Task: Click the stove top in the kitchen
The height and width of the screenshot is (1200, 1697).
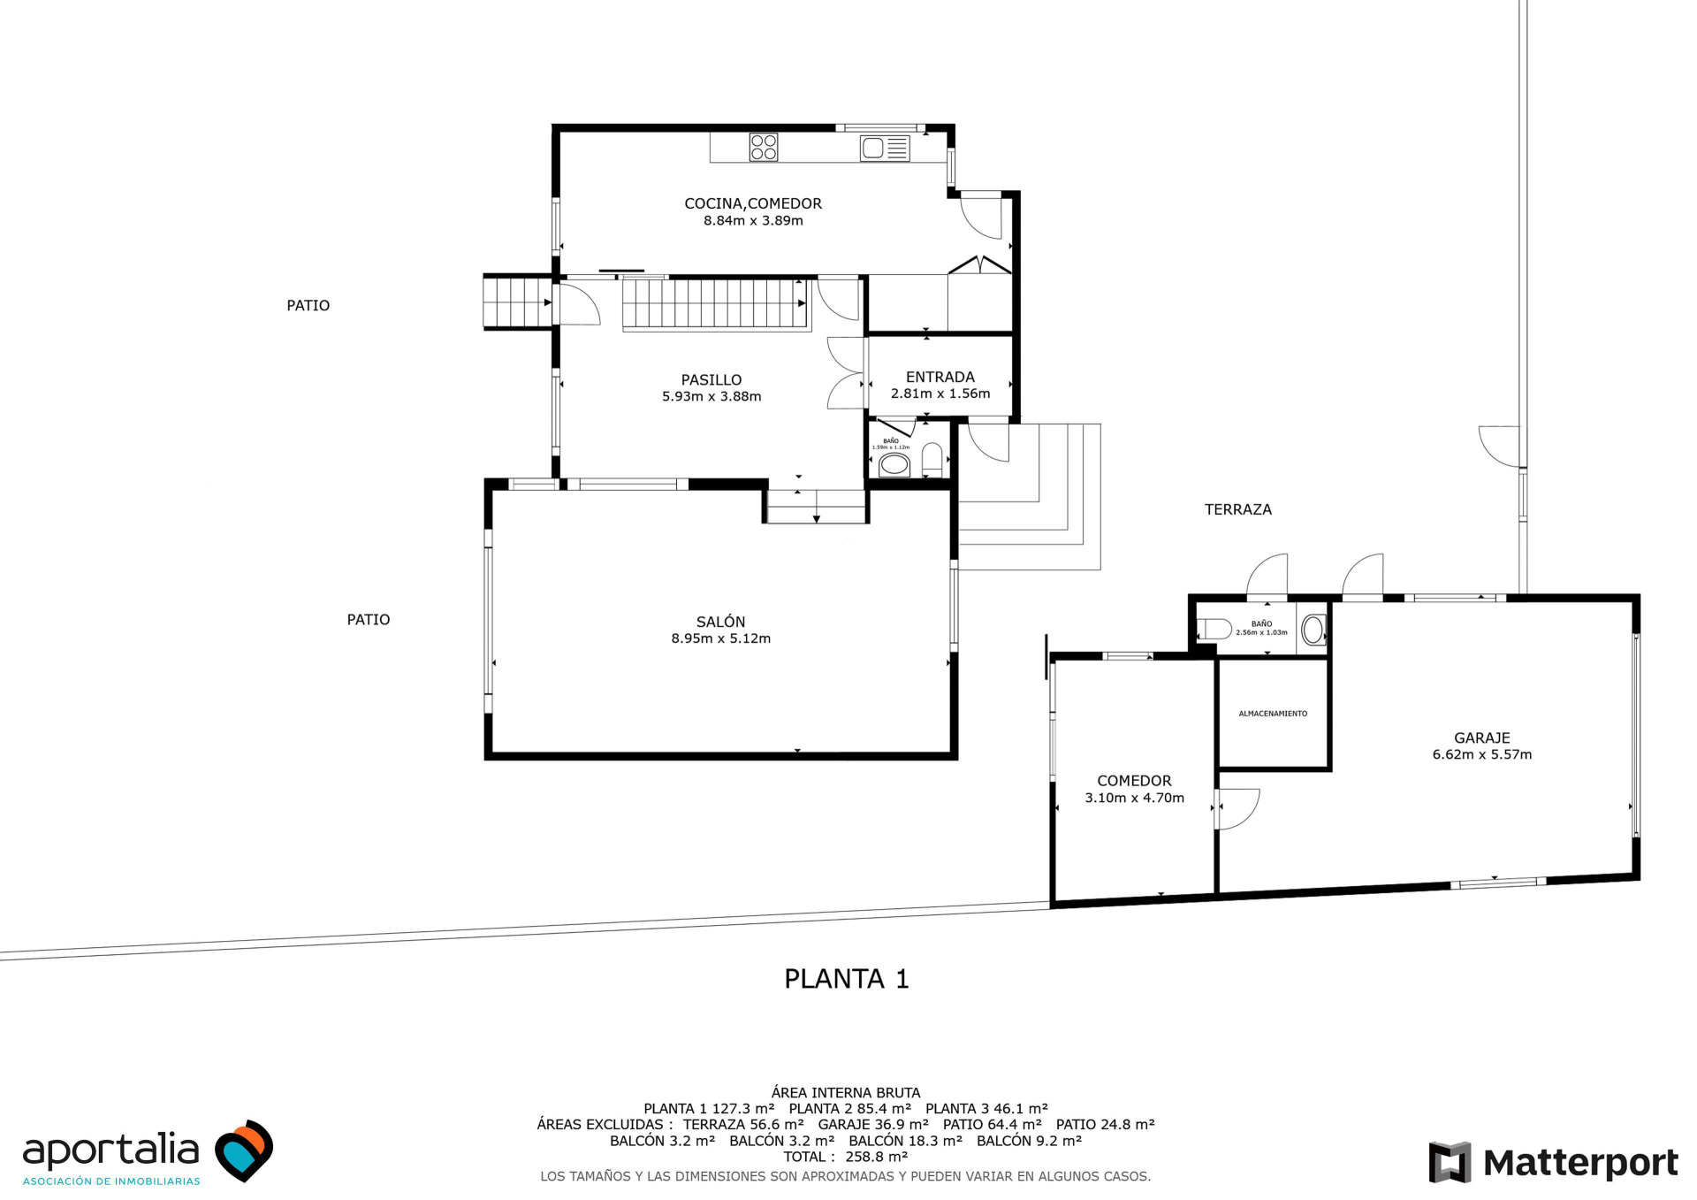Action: (x=764, y=147)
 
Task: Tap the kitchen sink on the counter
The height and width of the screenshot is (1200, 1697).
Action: (x=885, y=148)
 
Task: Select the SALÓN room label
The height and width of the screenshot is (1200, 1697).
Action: (x=720, y=622)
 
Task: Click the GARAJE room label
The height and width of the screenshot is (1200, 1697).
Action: (x=1482, y=738)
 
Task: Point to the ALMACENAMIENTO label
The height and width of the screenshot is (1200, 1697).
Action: (x=1273, y=714)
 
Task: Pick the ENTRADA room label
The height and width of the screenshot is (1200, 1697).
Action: (x=940, y=377)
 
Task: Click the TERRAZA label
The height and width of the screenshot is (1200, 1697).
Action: (x=1238, y=509)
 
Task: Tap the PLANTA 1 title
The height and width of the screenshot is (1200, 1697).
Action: (x=847, y=979)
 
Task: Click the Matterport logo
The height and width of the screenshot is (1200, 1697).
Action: (x=1554, y=1162)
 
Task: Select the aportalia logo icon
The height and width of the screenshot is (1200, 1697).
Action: (x=245, y=1150)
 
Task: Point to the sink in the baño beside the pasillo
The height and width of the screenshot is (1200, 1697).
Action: (x=894, y=464)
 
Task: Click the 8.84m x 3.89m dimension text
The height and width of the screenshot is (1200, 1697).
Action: (x=753, y=221)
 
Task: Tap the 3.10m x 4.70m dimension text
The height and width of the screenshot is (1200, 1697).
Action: (x=1135, y=798)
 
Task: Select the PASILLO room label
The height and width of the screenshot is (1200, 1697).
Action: (x=712, y=380)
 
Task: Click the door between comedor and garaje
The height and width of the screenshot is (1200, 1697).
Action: (x=1237, y=809)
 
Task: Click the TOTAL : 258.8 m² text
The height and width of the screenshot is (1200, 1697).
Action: (x=846, y=1157)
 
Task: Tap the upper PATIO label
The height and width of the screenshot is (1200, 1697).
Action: (x=308, y=306)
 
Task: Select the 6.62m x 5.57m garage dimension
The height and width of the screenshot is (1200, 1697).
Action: (x=1482, y=755)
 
